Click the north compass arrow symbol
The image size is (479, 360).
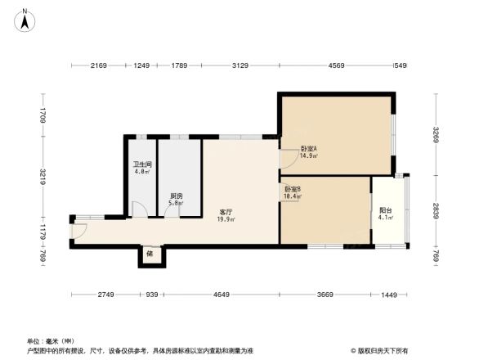click(x=25, y=16)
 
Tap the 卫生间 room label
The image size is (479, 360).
click(x=142, y=164)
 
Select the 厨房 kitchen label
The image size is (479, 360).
click(x=176, y=196)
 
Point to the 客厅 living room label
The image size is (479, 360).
click(x=225, y=212)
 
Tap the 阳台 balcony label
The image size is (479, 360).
click(x=385, y=209)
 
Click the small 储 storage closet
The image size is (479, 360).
click(x=150, y=254)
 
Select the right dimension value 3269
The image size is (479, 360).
click(x=436, y=133)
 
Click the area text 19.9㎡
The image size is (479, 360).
click(x=225, y=219)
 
